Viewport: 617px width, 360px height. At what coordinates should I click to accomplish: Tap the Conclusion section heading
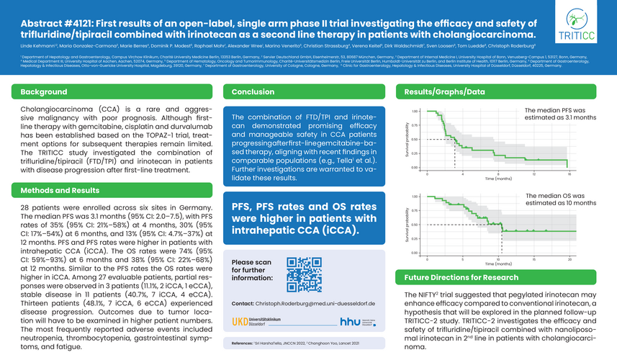(253, 92)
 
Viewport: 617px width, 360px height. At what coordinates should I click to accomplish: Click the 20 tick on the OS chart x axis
(569, 258)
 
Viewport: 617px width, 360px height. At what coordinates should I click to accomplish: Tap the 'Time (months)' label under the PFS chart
(497, 178)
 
